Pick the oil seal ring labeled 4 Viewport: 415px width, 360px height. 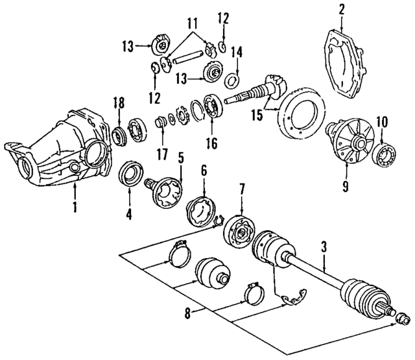131,175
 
